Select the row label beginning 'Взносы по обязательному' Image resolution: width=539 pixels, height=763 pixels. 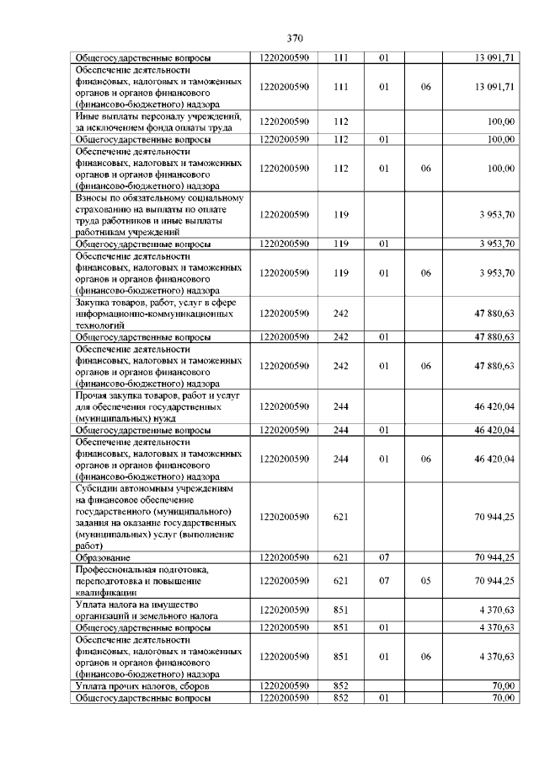tap(151, 215)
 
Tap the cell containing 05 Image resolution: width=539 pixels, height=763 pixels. tap(426, 581)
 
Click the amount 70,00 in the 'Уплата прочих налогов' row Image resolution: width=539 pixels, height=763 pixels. tap(503, 687)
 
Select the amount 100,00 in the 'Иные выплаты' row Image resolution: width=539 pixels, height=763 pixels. tap(501, 121)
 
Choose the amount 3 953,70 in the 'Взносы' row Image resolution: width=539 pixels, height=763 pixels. tap(497, 215)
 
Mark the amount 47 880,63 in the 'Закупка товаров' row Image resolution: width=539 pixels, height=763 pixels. tap(495, 313)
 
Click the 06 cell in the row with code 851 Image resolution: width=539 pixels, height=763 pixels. tap(426, 655)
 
